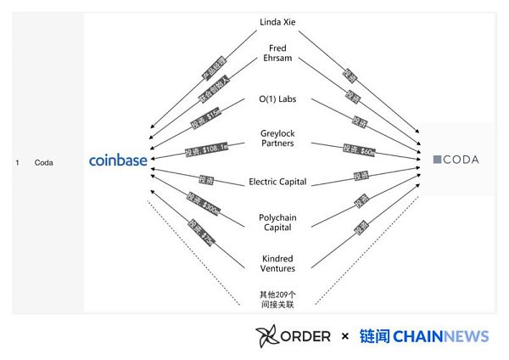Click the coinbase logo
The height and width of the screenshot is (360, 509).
[x=118, y=160]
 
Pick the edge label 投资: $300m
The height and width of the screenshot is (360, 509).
[x=204, y=204]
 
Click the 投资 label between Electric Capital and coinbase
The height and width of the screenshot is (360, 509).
[x=204, y=179]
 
